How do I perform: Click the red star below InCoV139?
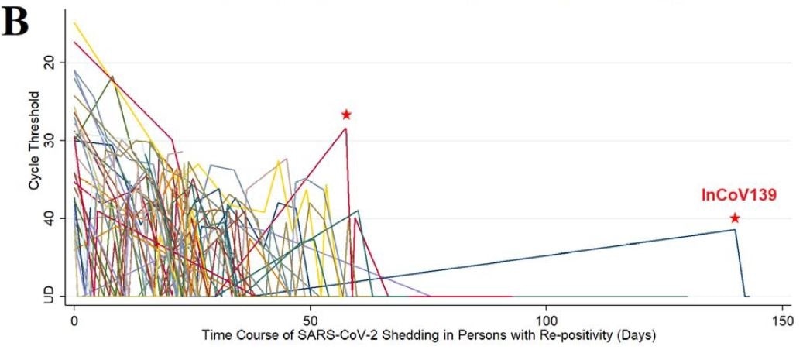pyautogui.click(x=734, y=218)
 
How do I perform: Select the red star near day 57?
pyautogui.click(x=346, y=115)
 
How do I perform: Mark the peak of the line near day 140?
pyautogui.click(x=734, y=229)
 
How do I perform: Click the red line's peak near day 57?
pyautogui.click(x=346, y=128)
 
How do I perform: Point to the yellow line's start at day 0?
pyautogui.click(x=74, y=22)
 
